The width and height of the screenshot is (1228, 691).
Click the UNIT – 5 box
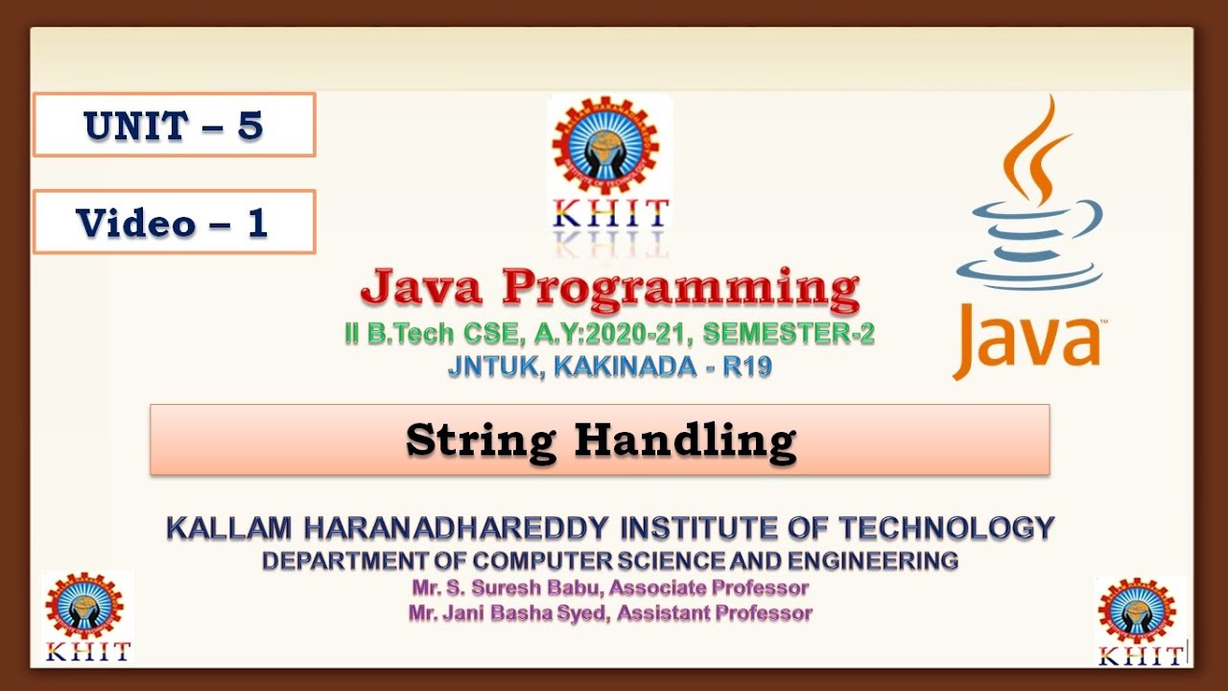click(x=174, y=125)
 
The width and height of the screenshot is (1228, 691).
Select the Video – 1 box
click(x=174, y=223)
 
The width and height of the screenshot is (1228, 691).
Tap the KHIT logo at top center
click(x=609, y=173)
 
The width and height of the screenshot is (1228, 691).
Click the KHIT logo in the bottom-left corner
click(x=87, y=617)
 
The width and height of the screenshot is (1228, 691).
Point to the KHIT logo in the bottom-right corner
click(x=1140, y=621)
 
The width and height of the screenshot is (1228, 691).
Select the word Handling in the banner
click(x=685, y=441)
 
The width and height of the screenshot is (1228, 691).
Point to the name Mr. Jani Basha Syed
click(x=509, y=612)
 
